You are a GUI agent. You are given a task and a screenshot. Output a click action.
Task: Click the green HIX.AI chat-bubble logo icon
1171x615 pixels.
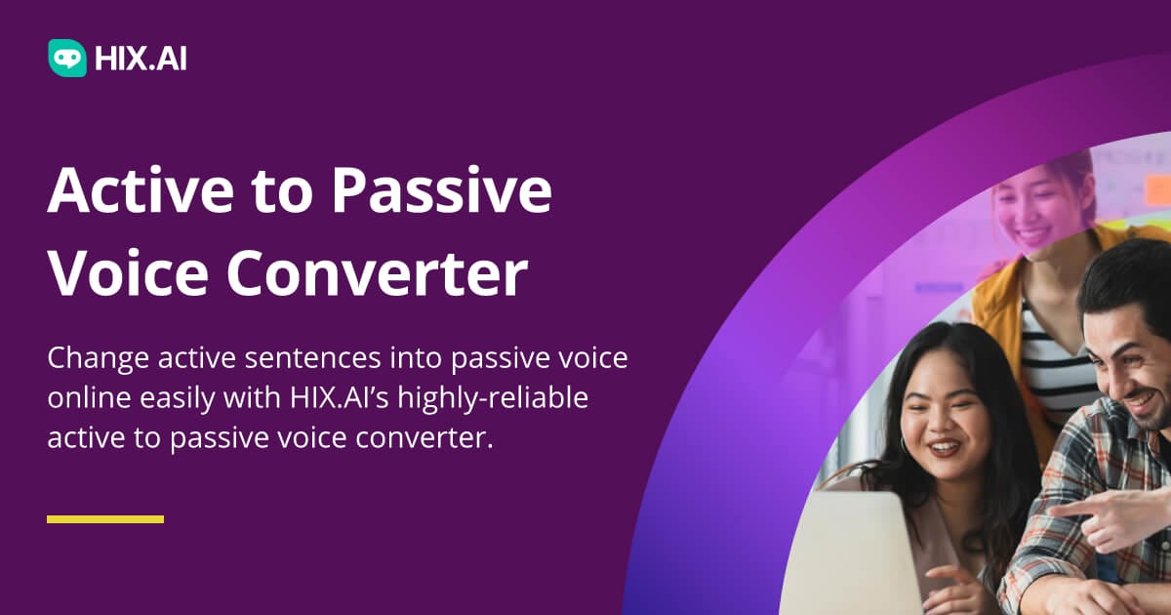coord(67,58)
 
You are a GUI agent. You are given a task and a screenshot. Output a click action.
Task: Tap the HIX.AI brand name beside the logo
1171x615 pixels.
coord(141,59)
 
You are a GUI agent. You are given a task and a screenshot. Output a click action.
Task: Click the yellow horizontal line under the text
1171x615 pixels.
coord(105,519)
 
